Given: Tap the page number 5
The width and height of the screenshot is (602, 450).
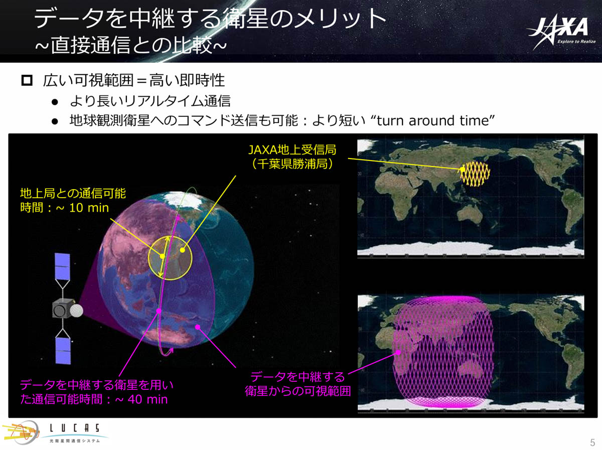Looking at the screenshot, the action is coord(592,442).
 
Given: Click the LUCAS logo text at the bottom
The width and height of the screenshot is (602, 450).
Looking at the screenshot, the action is coord(74,428).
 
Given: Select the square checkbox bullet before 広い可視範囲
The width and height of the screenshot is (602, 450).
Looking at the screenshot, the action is coord(27,81).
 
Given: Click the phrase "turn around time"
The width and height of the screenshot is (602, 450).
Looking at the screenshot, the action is coord(436,121).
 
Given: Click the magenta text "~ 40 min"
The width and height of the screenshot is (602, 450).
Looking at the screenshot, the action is coord(141,399).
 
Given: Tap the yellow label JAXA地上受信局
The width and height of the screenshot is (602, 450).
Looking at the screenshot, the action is coord(292,149).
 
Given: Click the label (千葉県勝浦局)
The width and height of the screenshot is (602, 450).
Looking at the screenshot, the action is coord(292,164).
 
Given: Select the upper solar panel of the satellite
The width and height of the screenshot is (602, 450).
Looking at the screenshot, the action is coord(62,266).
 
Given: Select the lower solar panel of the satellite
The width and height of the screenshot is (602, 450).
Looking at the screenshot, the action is coord(63,351).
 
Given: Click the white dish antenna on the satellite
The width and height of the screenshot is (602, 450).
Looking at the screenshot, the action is coord(76,311).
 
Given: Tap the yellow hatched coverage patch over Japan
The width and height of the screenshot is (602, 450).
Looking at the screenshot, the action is coord(475,174).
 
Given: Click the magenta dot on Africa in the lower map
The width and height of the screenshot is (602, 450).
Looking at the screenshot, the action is coord(398,352).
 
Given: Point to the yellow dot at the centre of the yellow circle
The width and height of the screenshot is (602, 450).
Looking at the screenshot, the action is coord(183,250).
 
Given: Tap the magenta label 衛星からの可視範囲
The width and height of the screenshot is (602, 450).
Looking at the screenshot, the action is coord(297,391).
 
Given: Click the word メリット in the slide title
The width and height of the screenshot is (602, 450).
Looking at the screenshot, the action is coord(340,19).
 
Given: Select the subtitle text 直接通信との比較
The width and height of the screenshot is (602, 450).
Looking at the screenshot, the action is coord(131,45).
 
